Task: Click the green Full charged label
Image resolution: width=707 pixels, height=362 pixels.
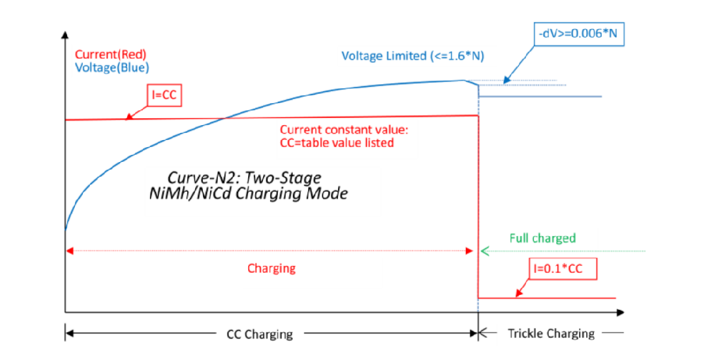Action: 542,238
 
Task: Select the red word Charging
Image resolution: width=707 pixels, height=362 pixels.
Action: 271,269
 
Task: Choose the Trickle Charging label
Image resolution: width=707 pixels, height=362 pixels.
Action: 551,333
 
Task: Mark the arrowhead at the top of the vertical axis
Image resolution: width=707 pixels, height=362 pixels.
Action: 65,33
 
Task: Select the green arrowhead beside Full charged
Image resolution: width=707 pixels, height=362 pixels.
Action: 484,250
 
